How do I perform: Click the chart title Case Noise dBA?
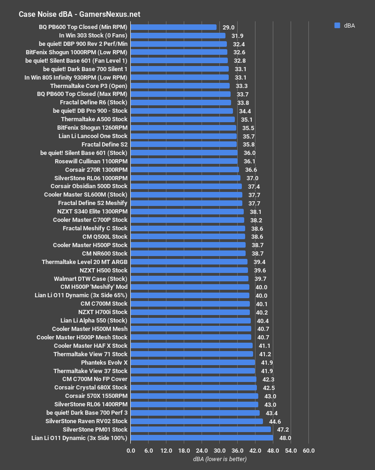[79, 14]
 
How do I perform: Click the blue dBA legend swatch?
[337, 26]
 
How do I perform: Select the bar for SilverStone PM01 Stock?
[201, 429]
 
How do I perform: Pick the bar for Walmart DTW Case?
[189, 279]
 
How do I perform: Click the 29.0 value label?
[228, 27]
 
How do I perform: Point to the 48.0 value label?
[285, 438]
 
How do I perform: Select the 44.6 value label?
[275, 421]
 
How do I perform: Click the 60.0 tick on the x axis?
[308, 450]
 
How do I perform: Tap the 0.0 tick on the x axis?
[131, 450]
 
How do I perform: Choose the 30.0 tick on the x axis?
[219, 450]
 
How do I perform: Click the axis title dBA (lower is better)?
[219, 459]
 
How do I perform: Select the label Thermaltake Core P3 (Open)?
[89, 86]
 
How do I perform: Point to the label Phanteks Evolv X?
[104, 362]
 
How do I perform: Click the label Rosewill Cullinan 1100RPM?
[91, 161]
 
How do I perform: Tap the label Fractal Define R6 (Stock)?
[94, 103]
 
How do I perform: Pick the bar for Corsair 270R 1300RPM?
[185, 169]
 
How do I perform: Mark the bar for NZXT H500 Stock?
[189, 270]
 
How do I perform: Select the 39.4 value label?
[259, 262]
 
